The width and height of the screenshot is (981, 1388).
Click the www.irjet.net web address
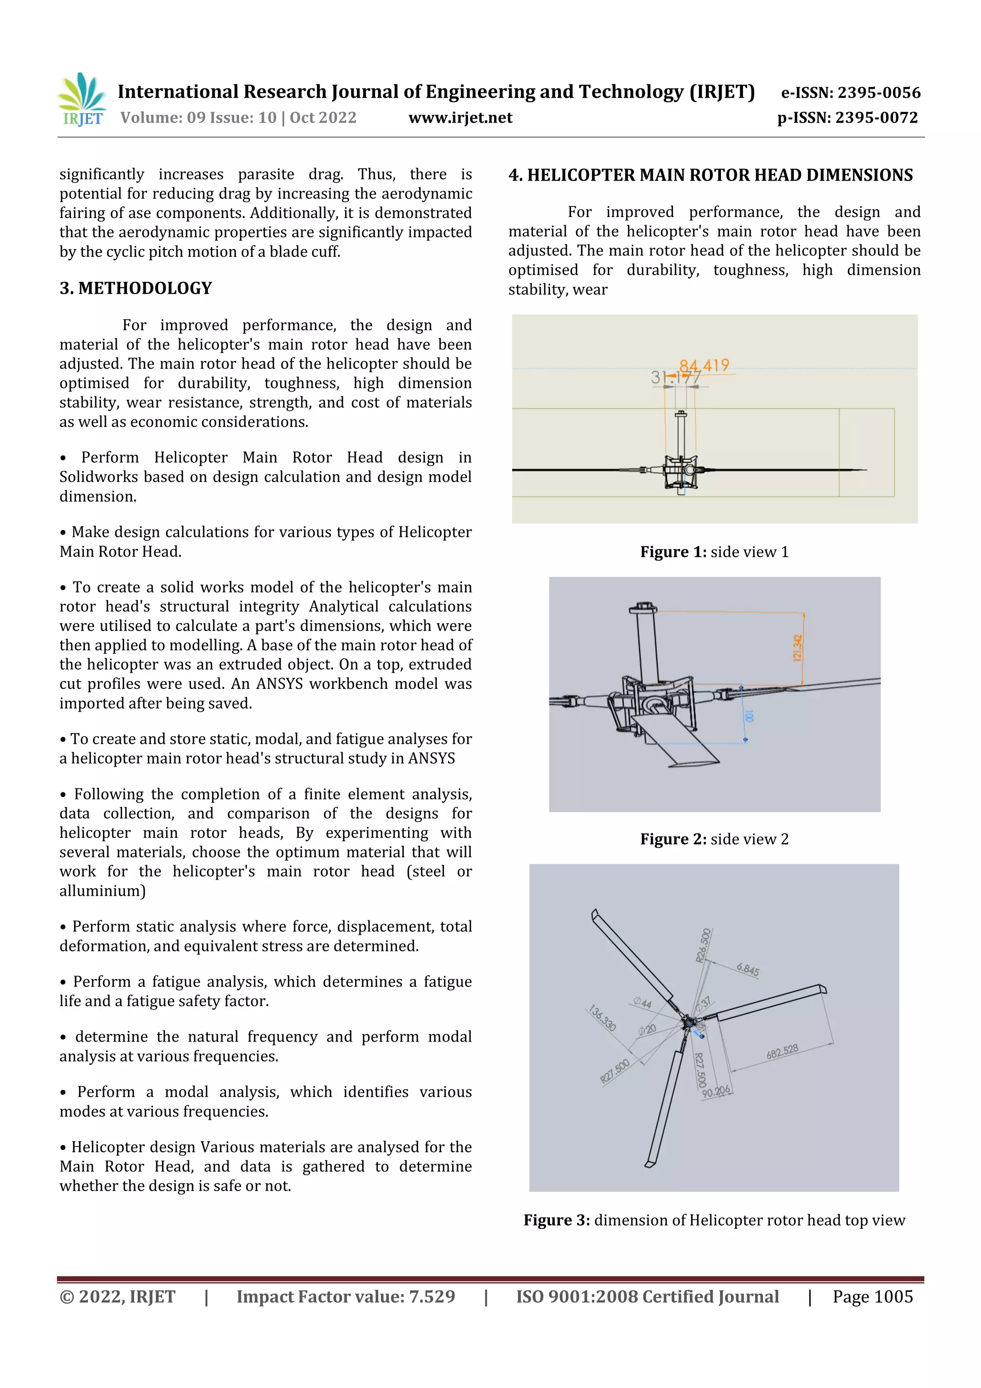[460, 118]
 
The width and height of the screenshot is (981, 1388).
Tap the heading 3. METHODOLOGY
[136, 288]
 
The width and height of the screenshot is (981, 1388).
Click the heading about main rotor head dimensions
[710, 175]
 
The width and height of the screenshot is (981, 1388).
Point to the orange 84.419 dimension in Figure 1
[704, 366]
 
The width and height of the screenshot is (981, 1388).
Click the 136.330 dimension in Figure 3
[602, 1018]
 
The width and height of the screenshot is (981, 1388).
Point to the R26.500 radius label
[703, 944]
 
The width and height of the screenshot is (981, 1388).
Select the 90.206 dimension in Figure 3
[716, 1091]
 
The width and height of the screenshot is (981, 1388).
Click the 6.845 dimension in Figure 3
[748, 970]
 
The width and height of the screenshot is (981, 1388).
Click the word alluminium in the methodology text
[102, 891]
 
